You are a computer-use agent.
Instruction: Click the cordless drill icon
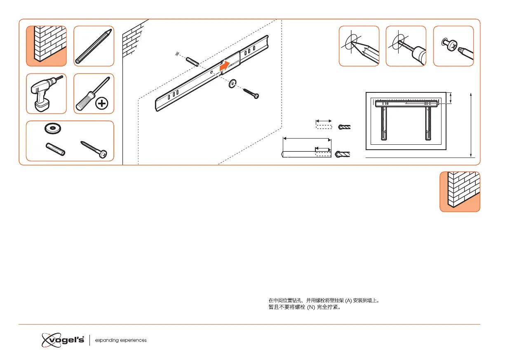(46, 94)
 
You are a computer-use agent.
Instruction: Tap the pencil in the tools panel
(94, 46)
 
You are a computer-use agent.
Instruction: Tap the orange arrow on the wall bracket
(225, 65)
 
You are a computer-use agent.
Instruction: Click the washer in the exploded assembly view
(233, 84)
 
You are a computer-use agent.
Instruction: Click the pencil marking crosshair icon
(359, 46)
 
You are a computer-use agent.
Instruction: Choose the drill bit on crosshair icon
(406, 46)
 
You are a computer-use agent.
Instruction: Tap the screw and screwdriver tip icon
(453, 46)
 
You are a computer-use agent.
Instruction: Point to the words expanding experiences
(121, 340)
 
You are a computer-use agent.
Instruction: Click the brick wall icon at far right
(460, 192)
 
